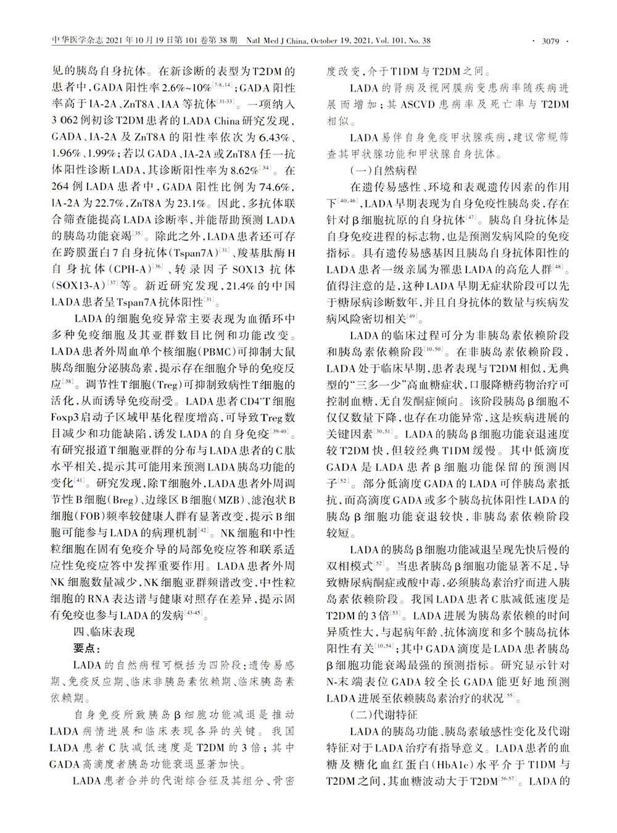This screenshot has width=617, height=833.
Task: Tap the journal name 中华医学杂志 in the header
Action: [x=72, y=41]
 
